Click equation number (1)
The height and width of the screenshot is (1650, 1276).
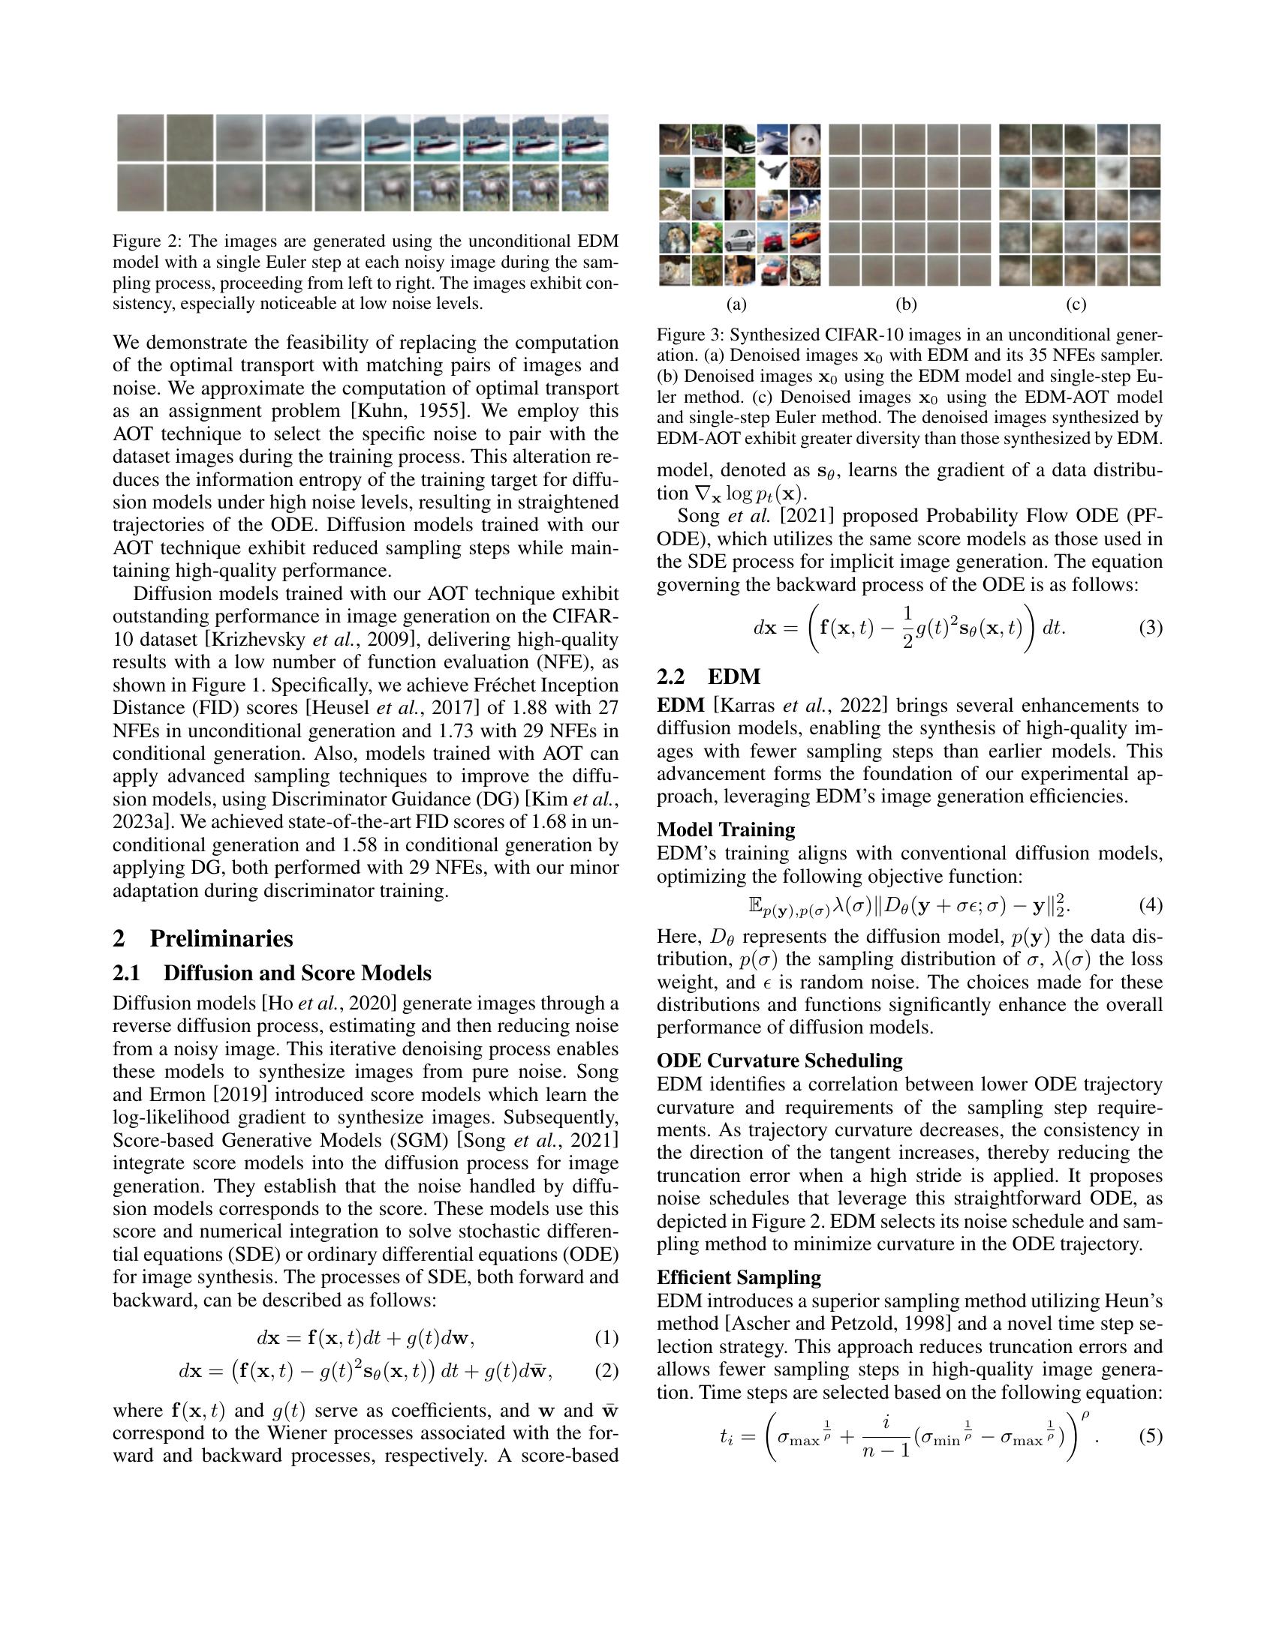click(606, 1338)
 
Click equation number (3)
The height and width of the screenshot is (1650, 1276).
click(1150, 628)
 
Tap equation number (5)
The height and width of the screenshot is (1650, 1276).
click(1150, 1435)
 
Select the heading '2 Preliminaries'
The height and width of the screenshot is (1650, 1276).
click(203, 938)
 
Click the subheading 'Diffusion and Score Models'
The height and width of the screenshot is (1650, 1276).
click(297, 973)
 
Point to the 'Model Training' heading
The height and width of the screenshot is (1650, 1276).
click(726, 829)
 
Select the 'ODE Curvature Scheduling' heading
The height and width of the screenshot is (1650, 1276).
click(779, 1060)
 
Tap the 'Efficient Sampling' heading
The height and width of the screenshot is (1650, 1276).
click(739, 1277)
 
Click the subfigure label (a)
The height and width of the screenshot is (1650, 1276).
click(736, 304)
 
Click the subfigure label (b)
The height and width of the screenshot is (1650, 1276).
click(906, 304)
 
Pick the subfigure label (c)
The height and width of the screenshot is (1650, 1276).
click(1076, 304)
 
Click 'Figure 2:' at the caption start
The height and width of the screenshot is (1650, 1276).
click(147, 241)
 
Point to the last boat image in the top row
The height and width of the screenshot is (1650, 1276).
click(584, 137)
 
